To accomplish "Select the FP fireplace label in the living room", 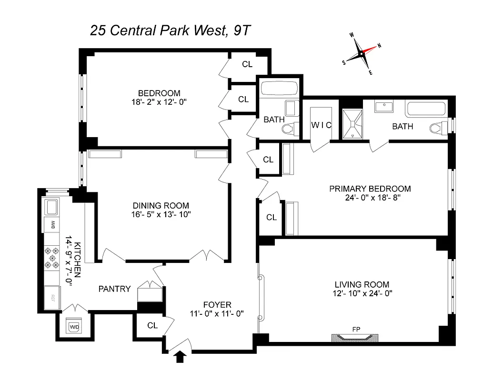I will (355, 329).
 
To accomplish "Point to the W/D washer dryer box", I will (75, 327).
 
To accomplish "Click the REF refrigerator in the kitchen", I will (52, 298).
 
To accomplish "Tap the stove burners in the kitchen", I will (51, 259).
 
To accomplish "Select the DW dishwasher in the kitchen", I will (51, 224).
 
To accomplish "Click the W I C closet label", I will (321, 125).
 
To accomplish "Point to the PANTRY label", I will (114, 289).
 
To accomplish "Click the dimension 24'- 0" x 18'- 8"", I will (370, 198).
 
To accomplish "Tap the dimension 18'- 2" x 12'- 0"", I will (159, 102).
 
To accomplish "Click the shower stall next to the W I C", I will (352, 123).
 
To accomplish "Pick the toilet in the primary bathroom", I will (437, 128).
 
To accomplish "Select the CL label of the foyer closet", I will (152, 326).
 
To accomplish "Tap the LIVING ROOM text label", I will (362, 284).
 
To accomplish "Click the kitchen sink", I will (51, 206).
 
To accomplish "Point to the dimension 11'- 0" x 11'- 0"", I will (217, 313).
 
